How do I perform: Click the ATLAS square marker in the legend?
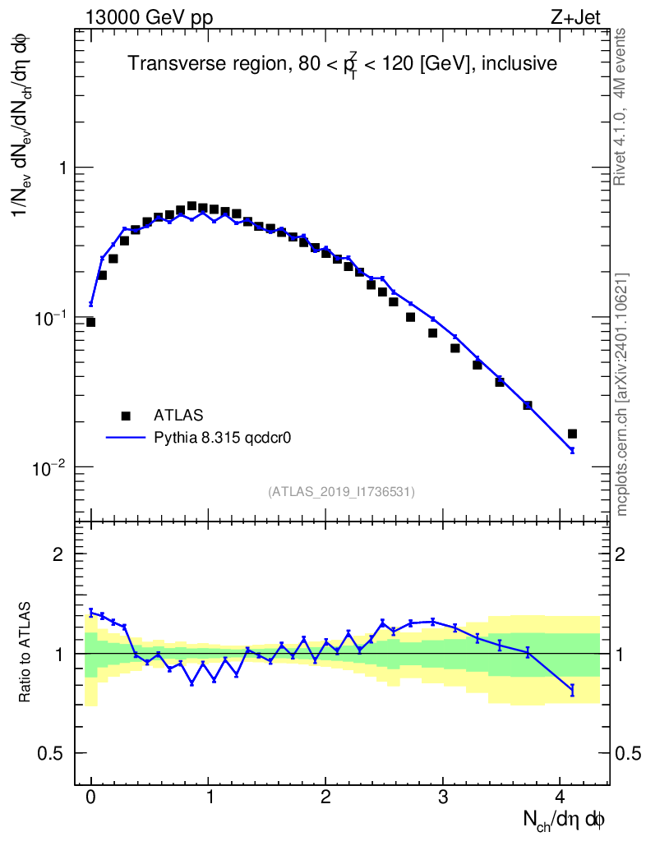(126, 416)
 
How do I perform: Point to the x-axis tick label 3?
(443, 797)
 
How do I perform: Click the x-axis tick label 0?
(91, 797)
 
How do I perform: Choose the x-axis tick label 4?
(561, 797)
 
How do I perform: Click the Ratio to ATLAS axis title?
(25, 654)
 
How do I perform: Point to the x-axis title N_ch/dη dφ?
(565, 819)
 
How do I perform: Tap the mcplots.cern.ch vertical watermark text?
(622, 394)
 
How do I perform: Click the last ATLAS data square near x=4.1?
(572, 434)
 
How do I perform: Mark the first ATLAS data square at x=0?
(90, 322)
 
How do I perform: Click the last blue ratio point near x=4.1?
(572, 690)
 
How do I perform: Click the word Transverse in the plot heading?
(165, 63)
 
